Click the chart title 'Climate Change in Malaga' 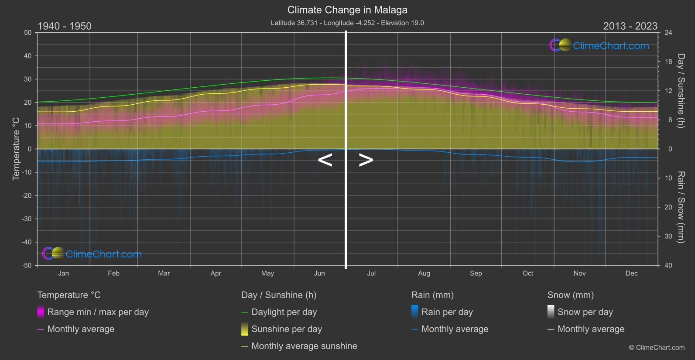pos(347,10)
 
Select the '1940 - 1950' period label pos(65,26)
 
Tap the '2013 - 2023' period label pos(630,26)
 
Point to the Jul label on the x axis pos(371,274)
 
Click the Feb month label pos(113,274)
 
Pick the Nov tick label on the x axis pos(579,274)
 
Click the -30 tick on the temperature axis pos(27,219)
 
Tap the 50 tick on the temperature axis pos(28,33)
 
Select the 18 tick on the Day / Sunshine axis pos(668,62)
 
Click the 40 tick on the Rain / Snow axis pos(668,265)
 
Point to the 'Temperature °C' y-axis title pos(16,149)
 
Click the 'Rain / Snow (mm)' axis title pos(681,207)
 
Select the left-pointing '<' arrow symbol pos(325,160)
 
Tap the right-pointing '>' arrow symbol pos(366,160)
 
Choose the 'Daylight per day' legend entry pos(284,312)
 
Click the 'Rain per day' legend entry pos(447,312)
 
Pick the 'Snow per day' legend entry pos(585,312)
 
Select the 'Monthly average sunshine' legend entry pos(304,346)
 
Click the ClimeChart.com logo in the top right pos(599,45)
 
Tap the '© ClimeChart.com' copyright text pos(657,348)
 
